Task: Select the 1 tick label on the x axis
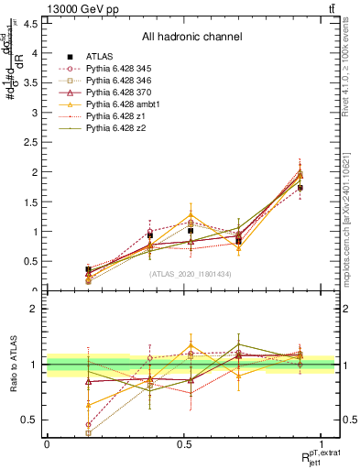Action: [x=321, y=444]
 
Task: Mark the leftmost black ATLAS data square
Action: [x=88, y=269]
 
